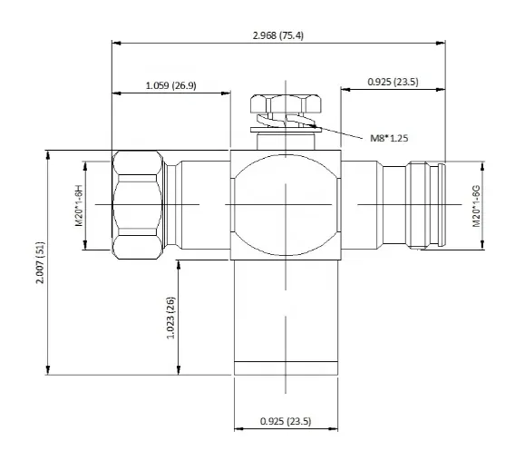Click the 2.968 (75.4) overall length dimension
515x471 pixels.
[277, 35]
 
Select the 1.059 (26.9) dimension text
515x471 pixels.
[170, 85]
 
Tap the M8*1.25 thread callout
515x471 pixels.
[389, 138]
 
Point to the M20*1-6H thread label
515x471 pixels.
[79, 205]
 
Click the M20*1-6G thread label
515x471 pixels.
[476, 206]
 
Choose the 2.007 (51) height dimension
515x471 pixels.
[41, 262]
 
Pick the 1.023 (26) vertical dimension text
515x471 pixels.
[170, 318]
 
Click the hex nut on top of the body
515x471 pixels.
[286, 103]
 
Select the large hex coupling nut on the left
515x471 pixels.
[138, 205]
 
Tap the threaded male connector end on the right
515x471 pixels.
[425, 205]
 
